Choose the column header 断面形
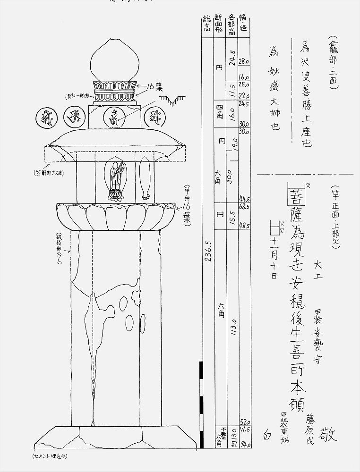coord(219,23)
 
